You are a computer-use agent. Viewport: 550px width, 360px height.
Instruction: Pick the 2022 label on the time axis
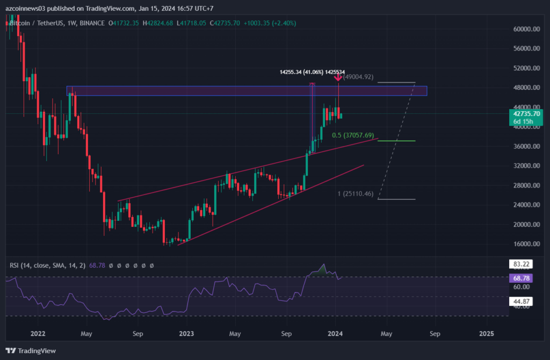(37, 334)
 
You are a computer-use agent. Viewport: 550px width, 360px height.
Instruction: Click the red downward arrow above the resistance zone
(338, 78)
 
